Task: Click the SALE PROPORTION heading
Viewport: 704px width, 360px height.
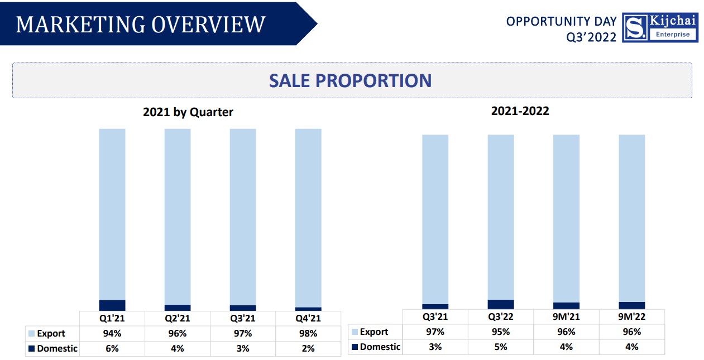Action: [350, 80]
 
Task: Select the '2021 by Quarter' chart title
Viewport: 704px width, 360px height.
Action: [188, 112]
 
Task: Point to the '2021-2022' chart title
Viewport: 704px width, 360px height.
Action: [520, 111]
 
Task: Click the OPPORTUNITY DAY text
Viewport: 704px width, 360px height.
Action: [561, 21]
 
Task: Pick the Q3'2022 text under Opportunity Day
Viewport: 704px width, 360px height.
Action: [591, 37]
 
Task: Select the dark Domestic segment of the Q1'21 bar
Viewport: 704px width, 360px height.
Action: [112, 305]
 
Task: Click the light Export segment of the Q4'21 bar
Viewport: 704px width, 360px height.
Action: [308, 218]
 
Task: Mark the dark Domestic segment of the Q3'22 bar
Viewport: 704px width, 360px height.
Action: [501, 304]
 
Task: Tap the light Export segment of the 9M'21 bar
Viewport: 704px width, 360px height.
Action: [566, 218]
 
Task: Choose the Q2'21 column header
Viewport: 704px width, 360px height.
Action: [177, 318]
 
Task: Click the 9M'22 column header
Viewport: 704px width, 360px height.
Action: [631, 316]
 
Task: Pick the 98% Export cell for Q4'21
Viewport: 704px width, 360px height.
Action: [308, 333]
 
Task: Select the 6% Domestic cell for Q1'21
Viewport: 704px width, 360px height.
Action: [112, 348]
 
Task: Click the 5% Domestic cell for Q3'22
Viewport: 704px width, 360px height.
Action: [500, 347]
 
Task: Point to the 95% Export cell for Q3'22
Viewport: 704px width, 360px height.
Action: [500, 332]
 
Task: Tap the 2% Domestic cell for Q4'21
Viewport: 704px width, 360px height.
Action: [308, 348]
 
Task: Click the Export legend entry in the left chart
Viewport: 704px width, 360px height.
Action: [47, 333]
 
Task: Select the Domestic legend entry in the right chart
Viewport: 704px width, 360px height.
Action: [376, 347]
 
